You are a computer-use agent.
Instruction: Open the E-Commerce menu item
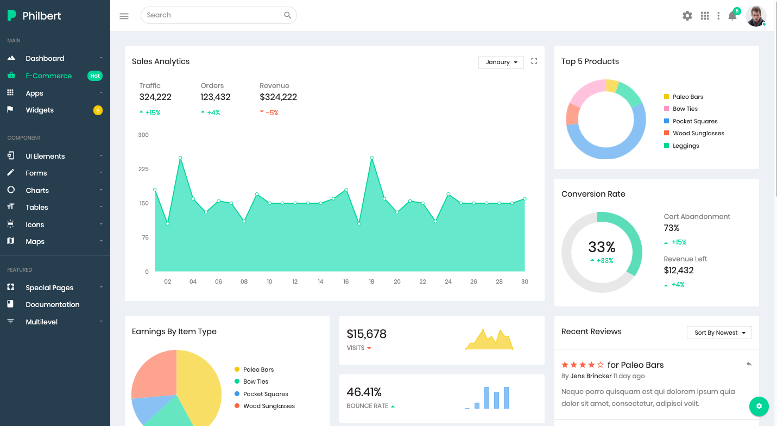pos(48,76)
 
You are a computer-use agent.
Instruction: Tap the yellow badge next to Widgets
pos(98,110)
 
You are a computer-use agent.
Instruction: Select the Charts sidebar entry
pos(37,190)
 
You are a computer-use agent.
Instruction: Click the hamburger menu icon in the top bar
pos(124,16)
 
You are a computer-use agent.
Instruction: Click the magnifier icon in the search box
pos(288,15)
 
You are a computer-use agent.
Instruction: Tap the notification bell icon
pos(732,16)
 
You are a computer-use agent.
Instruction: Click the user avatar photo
pos(755,16)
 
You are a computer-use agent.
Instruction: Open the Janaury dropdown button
pos(501,62)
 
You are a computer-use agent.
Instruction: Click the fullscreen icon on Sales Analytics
pos(534,61)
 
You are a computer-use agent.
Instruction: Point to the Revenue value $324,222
pos(278,97)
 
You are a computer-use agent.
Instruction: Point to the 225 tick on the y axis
pos(143,169)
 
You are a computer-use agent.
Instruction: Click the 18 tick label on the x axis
pos(371,281)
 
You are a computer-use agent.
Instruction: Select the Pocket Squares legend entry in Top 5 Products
pos(694,121)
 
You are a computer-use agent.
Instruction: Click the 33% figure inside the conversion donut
pos(602,247)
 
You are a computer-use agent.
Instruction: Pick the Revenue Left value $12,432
pos(678,270)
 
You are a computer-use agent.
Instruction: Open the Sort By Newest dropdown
pos(719,333)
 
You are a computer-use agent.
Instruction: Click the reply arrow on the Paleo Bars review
pos(749,364)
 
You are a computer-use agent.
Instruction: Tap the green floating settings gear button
pos(759,406)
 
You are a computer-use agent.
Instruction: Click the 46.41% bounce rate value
pos(364,392)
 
